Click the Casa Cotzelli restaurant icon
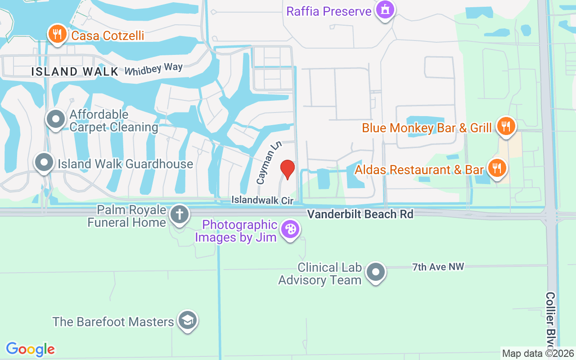pyautogui.click(x=57, y=34)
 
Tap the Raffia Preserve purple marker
pyautogui.click(x=385, y=10)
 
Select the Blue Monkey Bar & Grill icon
pyautogui.click(x=506, y=126)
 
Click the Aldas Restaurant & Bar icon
pyautogui.click(x=497, y=169)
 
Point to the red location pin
pyautogui.click(x=287, y=170)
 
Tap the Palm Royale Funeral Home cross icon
pyautogui.click(x=179, y=215)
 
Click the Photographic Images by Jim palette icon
pyautogui.click(x=290, y=229)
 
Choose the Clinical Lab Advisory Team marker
pyautogui.click(x=375, y=272)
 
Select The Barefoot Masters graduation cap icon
pyautogui.click(x=187, y=321)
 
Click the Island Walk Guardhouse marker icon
pyautogui.click(x=44, y=162)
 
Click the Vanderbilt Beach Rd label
pyautogui.click(x=360, y=214)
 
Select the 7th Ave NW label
pyautogui.click(x=438, y=267)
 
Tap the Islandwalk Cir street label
pyautogui.click(x=262, y=199)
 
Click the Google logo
pyautogui.click(x=31, y=349)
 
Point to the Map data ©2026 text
pyautogui.click(x=538, y=353)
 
